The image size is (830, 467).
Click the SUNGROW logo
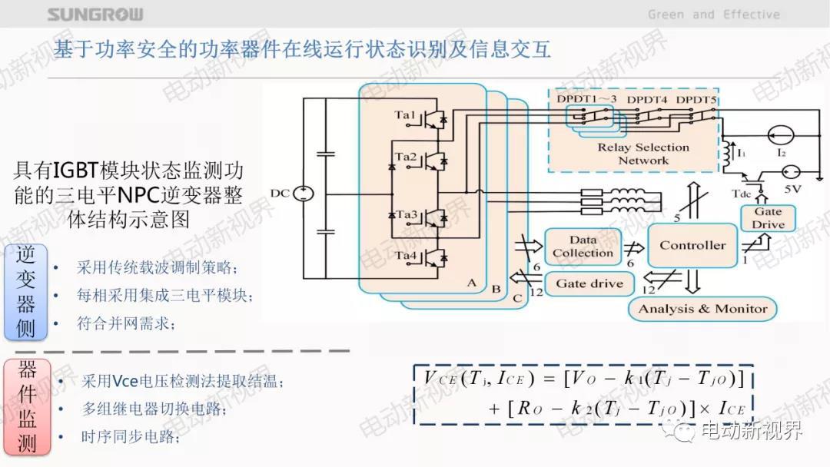95,15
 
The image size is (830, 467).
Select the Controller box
692,246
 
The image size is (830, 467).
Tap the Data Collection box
583,247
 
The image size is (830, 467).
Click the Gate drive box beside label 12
589,283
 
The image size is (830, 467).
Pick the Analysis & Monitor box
702,309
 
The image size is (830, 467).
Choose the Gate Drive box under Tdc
768,218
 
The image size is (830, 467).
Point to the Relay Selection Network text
643,154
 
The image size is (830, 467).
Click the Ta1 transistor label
405,115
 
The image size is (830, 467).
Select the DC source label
281,193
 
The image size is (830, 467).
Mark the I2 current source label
781,153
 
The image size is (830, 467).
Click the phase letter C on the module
516,297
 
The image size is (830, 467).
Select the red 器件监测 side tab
26,406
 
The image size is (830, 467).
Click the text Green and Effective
713,15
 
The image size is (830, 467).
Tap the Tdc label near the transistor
742,194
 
